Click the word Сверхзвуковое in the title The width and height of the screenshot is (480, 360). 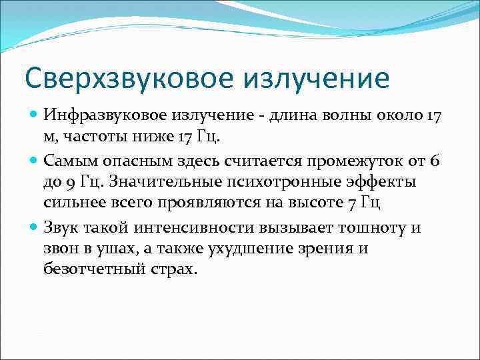[109, 78]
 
